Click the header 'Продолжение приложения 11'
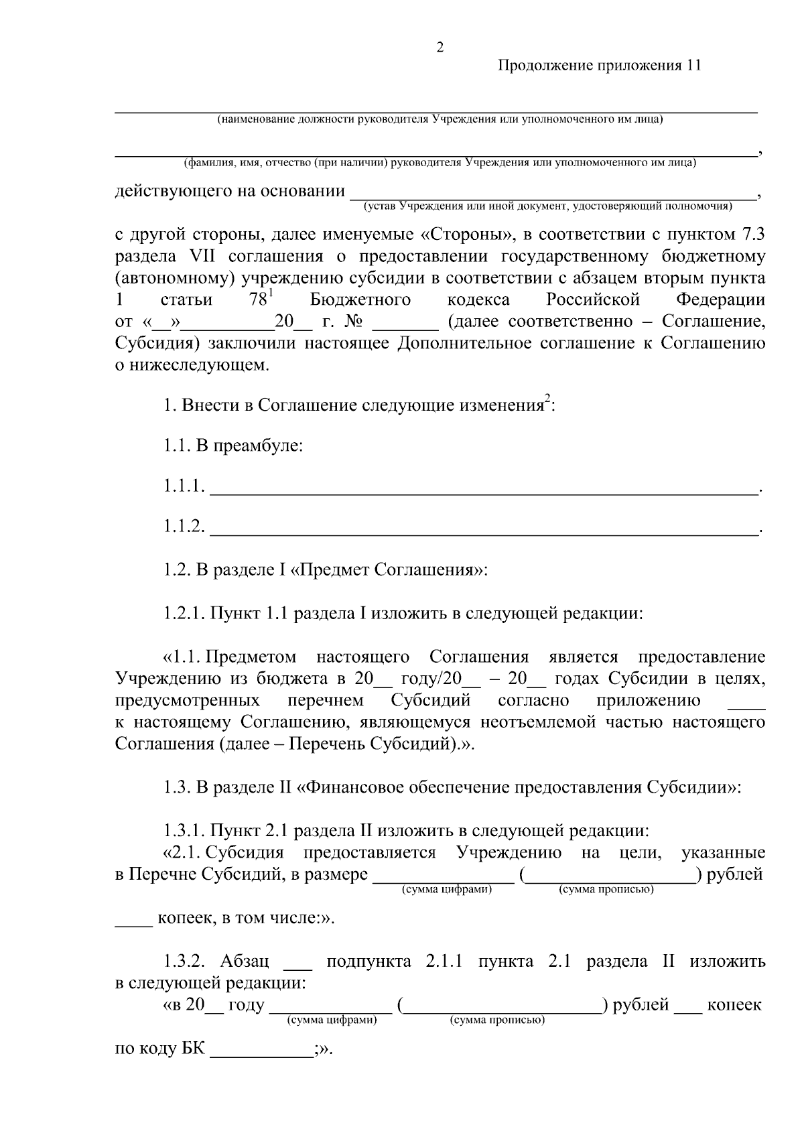(x=598, y=66)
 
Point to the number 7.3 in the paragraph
(x=750, y=235)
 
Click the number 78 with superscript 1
(x=259, y=299)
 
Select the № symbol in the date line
(x=353, y=322)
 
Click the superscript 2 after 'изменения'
(x=547, y=400)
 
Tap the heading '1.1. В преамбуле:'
(x=234, y=446)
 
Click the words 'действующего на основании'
(x=230, y=192)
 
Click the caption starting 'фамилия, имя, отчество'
(x=440, y=163)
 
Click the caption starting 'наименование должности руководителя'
(x=440, y=120)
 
